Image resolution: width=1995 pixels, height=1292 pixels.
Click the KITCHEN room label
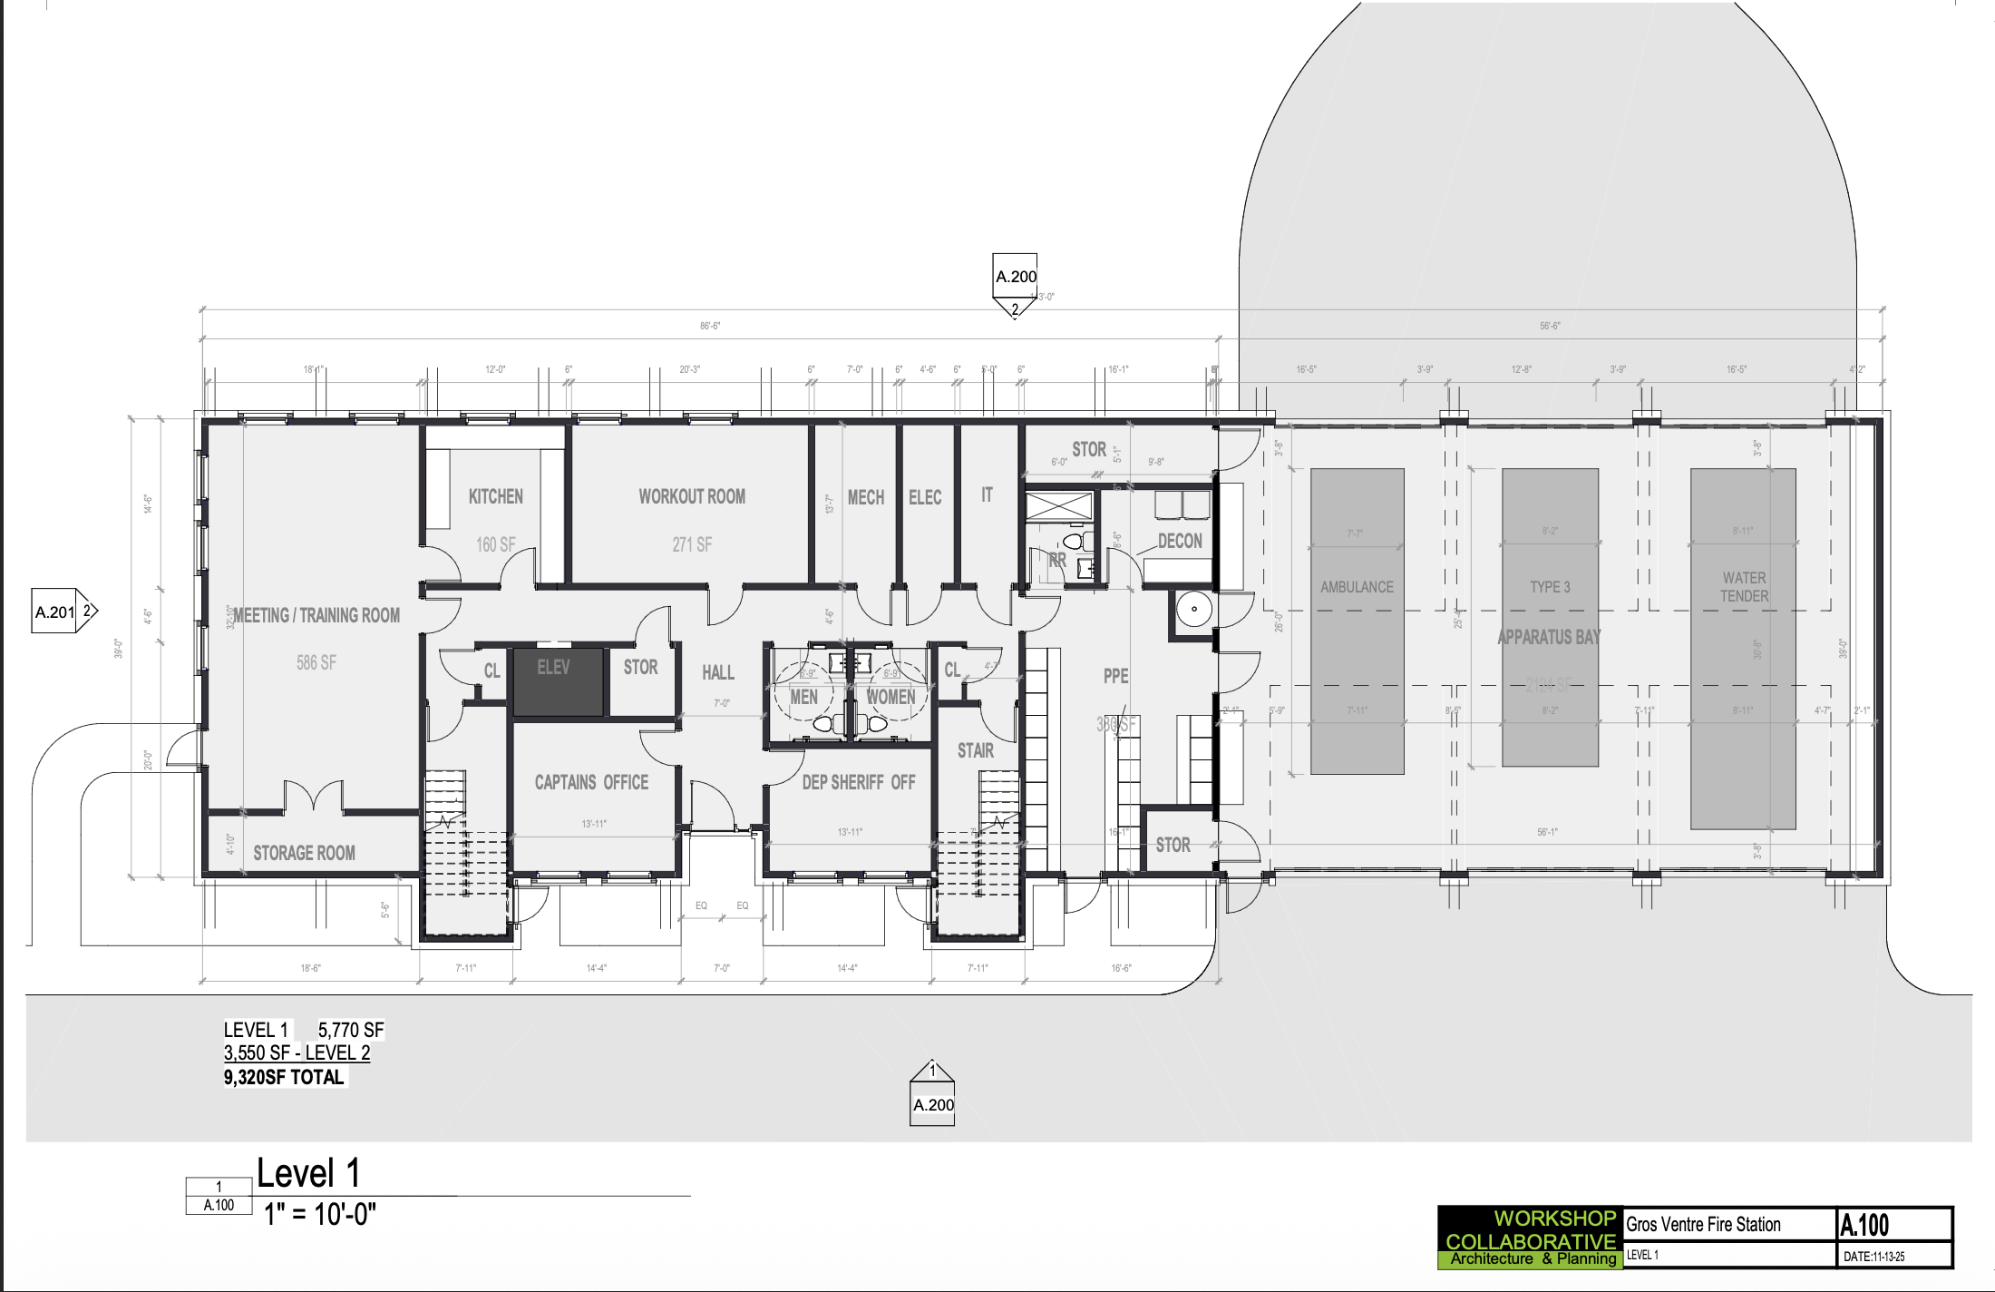pyautogui.click(x=495, y=496)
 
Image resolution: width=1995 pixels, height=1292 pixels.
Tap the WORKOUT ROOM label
pyautogui.click(x=692, y=496)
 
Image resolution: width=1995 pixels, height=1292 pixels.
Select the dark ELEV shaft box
pyautogui.click(x=558, y=682)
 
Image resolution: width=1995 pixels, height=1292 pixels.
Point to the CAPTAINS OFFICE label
pyautogui.click(x=591, y=782)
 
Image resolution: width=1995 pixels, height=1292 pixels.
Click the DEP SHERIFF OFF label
pyautogui.click(x=858, y=782)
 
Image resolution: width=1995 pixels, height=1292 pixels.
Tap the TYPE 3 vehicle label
pyautogui.click(x=1550, y=587)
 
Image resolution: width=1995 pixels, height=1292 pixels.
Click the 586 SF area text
pyautogui.click(x=316, y=662)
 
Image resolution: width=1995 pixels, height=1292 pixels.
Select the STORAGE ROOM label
pyautogui.click(x=304, y=853)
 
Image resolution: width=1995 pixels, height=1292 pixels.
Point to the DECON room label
pyautogui.click(x=1180, y=541)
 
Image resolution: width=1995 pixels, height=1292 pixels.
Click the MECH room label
pyautogui.click(x=865, y=497)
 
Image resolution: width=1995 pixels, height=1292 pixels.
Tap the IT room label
pyautogui.click(x=987, y=494)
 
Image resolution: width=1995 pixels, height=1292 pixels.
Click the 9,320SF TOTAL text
pyautogui.click(x=284, y=1077)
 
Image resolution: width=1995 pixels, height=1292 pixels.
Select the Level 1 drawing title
pyautogui.click(x=308, y=1173)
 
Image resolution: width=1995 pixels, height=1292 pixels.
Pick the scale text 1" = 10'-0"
pyautogui.click(x=319, y=1214)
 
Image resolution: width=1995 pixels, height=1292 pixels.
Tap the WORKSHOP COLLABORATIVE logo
pyautogui.click(x=1530, y=1237)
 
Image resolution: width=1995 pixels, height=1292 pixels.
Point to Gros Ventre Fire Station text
pyautogui.click(x=1703, y=1225)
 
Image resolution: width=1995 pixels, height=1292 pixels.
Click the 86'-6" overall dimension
pyautogui.click(x=710, y=326)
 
